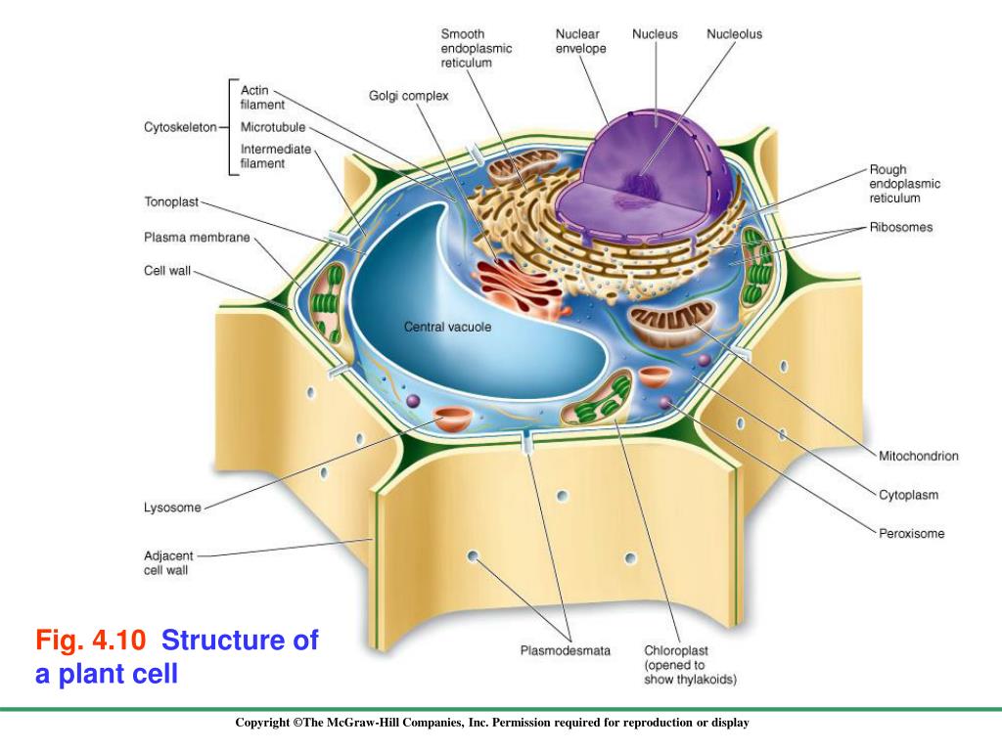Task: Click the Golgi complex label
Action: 408,96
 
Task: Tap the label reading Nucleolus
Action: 734,34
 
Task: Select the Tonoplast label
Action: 171,202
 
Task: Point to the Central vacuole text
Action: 447,327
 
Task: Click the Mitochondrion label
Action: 917,456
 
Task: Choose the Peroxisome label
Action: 911,534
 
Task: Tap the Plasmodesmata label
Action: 565,650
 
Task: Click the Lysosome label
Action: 172,508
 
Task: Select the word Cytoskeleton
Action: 180,127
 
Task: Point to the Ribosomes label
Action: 901,228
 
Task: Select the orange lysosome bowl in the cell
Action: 453,419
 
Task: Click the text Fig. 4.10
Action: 91,641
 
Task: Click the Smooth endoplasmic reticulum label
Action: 477,48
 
